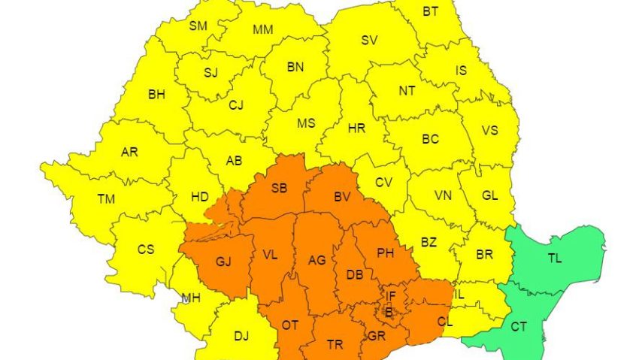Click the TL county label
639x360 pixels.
tap(555, 259)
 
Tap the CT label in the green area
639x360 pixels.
tap(519, 327)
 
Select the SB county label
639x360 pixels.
tap(280, 187)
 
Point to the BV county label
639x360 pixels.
tap(343, 197)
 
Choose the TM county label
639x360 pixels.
tap(106, 199)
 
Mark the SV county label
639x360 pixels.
tap(369, 41)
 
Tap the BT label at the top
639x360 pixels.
tap(431, 11)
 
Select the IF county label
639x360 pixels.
tap(390, 295)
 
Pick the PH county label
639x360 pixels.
tap(386, 254)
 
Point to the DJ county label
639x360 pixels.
tap(241, 336)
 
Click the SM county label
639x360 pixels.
tap(198, 26)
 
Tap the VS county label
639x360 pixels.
tap(489, 130)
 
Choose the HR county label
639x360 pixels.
tap(356, 129)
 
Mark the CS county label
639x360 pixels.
tap(145, 250)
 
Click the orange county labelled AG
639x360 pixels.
tap(317, 260)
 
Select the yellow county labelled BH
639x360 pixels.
tap(156, 95)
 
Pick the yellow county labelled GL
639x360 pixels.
tap(489, 195)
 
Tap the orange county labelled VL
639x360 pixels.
tap(270, 255)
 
